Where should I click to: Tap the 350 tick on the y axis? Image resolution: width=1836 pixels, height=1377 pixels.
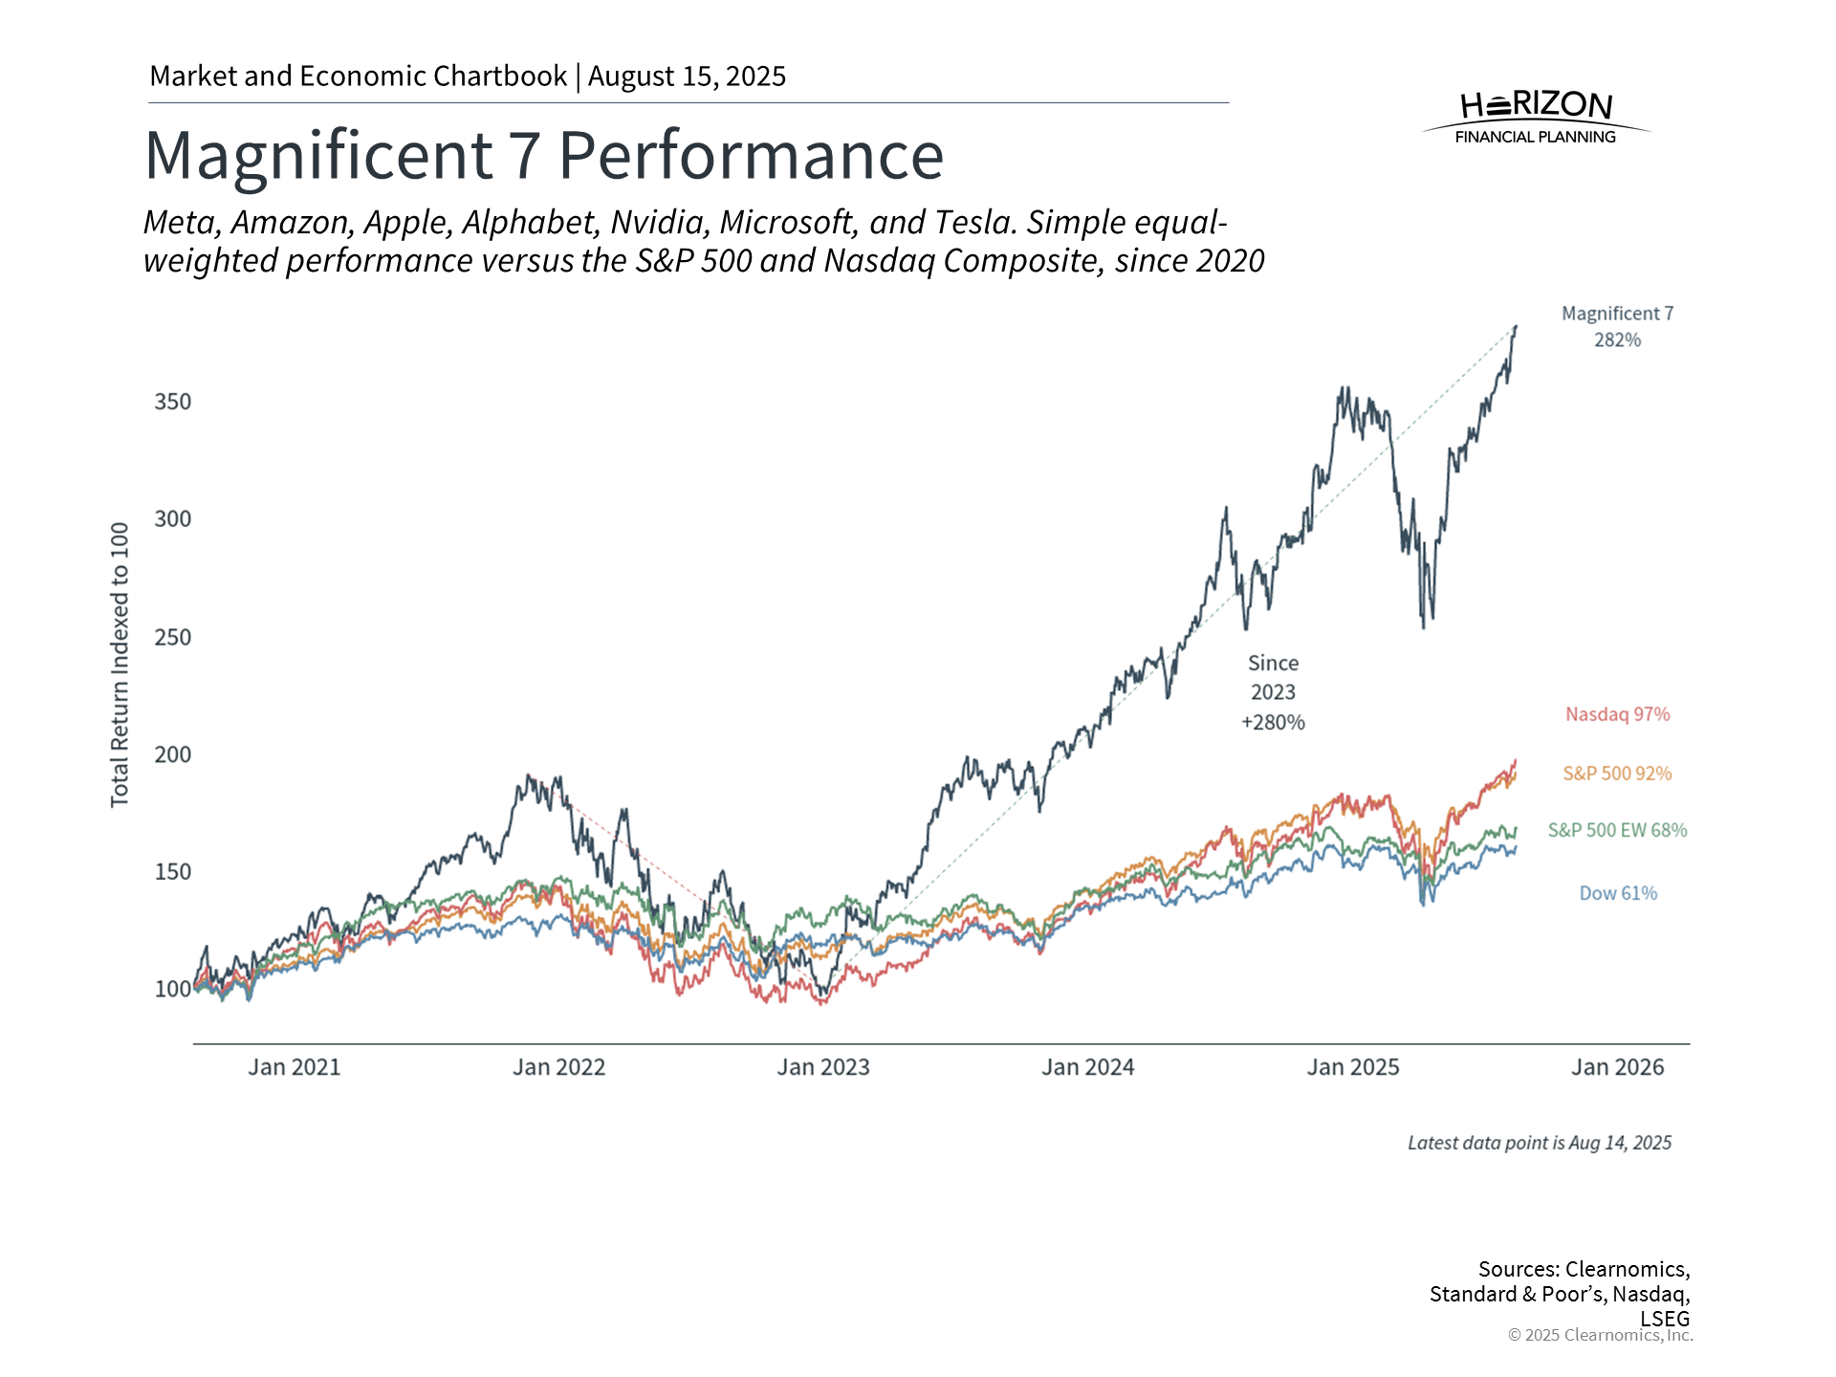(173, 402)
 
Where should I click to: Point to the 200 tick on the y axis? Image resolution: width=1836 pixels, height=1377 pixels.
(173, 754)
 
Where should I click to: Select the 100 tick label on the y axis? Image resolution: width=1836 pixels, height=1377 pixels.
(173, 989)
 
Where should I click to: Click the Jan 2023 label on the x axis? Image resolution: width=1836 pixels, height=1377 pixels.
(822, 1067)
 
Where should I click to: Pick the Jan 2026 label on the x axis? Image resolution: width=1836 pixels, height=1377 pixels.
(1617, 1067)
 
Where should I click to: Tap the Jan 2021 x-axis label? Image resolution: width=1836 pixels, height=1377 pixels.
(295, 1067)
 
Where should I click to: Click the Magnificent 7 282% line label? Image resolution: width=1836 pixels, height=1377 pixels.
(1617, 326)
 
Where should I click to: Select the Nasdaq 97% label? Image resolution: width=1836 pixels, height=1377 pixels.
(1617, 714)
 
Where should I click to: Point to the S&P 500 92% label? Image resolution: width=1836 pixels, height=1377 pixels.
(1617, 774)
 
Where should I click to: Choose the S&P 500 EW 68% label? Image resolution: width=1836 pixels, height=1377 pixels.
(1617, 830)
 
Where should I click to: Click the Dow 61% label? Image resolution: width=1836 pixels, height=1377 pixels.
(1617, 893)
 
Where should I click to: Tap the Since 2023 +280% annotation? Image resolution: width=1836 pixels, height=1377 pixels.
(1273, 692)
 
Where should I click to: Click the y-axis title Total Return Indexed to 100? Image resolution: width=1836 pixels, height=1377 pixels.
(120, 665)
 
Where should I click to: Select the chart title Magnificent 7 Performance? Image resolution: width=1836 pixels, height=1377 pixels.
(544, 156)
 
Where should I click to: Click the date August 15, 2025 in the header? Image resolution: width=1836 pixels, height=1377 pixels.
(687, 76)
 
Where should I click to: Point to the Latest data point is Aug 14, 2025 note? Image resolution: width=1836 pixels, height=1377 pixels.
(1539, 1143)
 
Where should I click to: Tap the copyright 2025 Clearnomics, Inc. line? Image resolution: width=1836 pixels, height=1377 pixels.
(1600, 1335)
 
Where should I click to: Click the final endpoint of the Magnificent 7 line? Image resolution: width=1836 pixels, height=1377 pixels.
(1516, 327)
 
